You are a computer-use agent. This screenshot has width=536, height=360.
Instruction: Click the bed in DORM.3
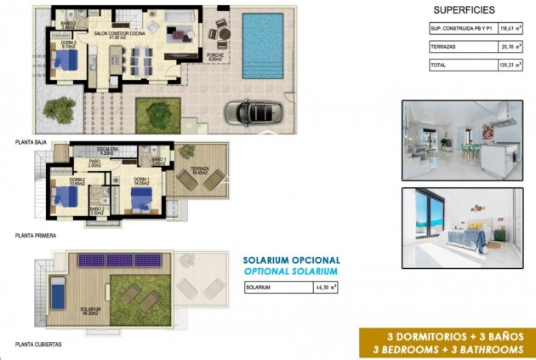[x=65, y=61]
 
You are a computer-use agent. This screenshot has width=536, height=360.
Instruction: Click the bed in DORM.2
[x=67, y=196]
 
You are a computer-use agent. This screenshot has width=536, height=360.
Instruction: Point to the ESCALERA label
[x=107, y=150]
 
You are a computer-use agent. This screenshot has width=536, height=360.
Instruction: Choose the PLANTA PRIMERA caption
[x=35, y=234]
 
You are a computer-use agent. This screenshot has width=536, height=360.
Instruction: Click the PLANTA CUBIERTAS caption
[x=38, y=345]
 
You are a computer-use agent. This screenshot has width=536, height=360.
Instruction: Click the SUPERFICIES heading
[x=465, y=9]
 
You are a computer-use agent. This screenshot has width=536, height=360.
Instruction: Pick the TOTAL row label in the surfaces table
[x=439, y=65]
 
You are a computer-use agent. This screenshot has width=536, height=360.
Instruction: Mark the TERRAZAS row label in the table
[x=444, y=47]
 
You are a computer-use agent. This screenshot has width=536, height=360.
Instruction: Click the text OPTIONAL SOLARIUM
[x=291, y=271]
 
